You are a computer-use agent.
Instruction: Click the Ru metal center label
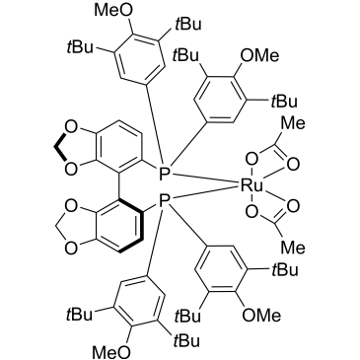(252, 186)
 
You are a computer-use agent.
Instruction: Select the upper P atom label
(164, 174)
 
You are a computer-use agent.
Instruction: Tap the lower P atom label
(164, 200)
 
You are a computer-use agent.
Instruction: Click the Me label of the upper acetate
(294, 124)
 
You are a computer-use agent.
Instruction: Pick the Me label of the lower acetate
(294, 248)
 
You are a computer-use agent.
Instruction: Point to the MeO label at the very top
(114, 11)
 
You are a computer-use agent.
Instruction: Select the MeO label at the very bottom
(111, 352)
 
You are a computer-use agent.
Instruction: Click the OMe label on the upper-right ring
(259, 55)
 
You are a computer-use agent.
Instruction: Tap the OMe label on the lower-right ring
(261, 316)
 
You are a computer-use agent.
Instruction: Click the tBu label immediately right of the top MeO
(188, 25)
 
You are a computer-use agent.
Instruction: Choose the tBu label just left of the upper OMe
(186, 55)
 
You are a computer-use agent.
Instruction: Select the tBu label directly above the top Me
(284, 102)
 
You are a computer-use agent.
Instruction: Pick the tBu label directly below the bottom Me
(284, 270)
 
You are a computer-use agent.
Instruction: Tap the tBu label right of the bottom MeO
(187, 341)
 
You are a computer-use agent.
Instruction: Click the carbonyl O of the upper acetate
(294, 165)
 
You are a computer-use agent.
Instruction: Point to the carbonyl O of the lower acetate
(294, 207)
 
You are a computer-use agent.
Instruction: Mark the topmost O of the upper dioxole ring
(71, 127)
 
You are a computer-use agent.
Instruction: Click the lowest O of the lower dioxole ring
(71, 248)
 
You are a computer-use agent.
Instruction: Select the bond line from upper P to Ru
(204, 180)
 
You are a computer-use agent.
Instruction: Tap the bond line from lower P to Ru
(204, 194)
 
